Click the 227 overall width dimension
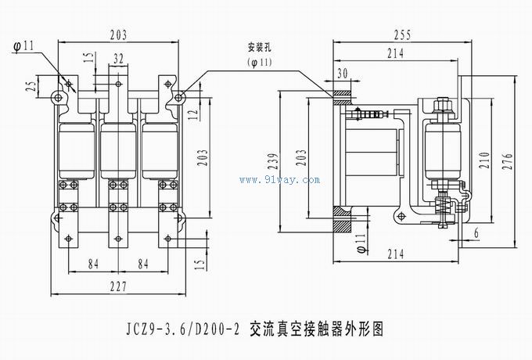(x=118, y=287)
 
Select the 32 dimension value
(x=118, y=58)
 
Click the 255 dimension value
(x=404, y=35)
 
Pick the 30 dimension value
(x=341, y=73)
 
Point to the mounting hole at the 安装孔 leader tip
(x=179, y=96)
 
